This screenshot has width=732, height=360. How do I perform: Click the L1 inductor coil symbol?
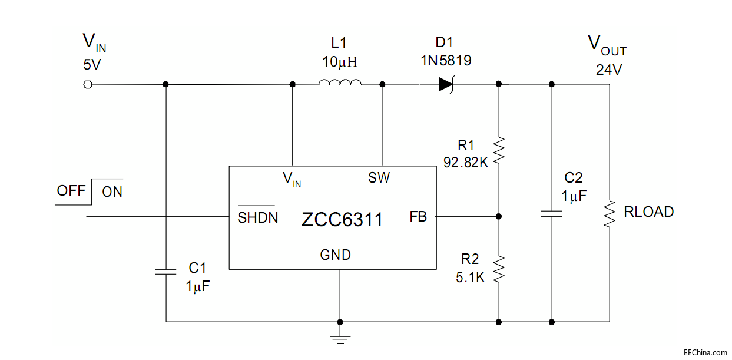coord(340,83)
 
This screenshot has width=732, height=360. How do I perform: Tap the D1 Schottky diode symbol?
coord(446,84)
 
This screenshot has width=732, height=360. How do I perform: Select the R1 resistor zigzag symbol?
coord(499,150)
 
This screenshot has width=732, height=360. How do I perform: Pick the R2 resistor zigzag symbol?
coord(499,269)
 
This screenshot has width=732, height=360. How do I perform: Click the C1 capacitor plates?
coord(165,271)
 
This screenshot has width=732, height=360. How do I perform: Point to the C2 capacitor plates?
coord(551,214)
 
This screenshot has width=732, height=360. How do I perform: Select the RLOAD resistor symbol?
coord(609,213)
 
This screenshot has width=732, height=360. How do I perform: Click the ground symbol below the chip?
coord(340,338)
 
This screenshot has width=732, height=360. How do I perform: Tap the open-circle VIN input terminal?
coord(88,84)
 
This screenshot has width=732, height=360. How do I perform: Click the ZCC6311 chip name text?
coord(342,220)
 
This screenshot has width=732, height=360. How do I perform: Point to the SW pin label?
coord(379,177)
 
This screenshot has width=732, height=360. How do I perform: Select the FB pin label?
coord(418,217)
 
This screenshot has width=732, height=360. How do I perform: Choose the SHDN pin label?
coord(257,217)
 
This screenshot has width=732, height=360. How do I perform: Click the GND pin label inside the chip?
coord(335,255)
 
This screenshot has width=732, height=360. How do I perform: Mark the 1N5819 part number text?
coord(445,61)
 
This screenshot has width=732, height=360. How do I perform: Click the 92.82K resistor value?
coord(466,163)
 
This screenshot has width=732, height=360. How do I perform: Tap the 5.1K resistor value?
coord(470,277)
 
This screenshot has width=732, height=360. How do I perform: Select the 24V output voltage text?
coord(608,70)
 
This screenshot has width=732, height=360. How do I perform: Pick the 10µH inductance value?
coord(340,61)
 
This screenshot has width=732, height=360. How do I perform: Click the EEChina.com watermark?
coord(705,353)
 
